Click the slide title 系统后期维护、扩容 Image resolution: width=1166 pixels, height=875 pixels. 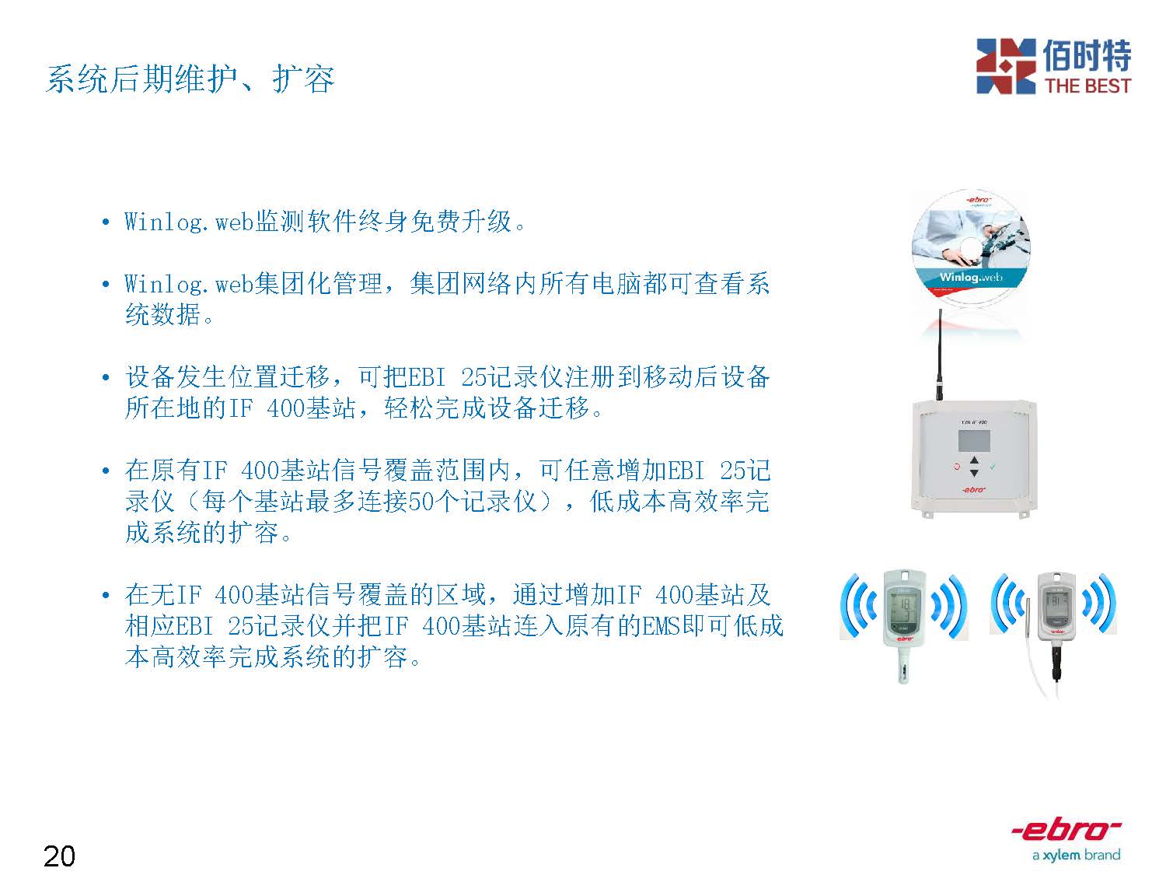pyautogui.click(x=190, y=79)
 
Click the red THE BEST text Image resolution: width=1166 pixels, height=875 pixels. pyautogui.click(x=1087, y=86)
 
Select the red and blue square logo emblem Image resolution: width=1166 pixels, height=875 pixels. pyautogui.click(x=1006, y=66)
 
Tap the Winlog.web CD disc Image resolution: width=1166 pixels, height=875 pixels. pyautogui.click(x=971, y=249)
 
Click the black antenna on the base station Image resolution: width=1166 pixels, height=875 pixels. pyautogui.click(x=939, y=355)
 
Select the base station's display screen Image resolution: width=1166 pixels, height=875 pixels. pyautogui.click(x=974, y=441)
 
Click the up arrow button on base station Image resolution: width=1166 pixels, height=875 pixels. pyautogui.click(x=974, y=460)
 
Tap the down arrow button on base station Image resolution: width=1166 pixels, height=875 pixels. pyautogui.click(x=974, y=472)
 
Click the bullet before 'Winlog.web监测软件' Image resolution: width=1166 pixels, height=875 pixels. pyautogui.click(x=106, y=222)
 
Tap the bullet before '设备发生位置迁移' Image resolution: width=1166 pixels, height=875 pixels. pyautogui.click(x=106, y=378)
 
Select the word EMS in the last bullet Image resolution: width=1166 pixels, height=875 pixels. pyautogui.click(x=661, y=626)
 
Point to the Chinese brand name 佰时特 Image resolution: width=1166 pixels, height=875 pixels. pyautogui.click(x=1087, y=55)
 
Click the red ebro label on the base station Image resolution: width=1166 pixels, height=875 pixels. pyautogui.click(x=974, y=489)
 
